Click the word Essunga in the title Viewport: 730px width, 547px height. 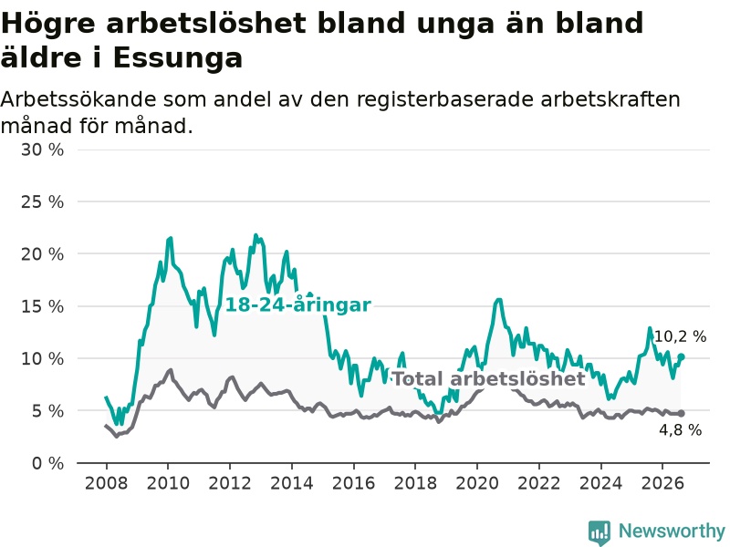[x=177, y=58]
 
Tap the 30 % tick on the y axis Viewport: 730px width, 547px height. [x=42, y=150]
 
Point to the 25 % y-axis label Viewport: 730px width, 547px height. [x=42, y=201]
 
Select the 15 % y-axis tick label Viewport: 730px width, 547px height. [x=42, y=306]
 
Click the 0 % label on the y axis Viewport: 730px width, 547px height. [x=47, y=463]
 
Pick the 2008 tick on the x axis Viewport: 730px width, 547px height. [x=106, y=483]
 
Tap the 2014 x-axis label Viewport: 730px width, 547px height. [x=292, y=483]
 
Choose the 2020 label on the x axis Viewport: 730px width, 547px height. [x=477, y=483]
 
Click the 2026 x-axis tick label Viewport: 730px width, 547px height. [x=662, y=483]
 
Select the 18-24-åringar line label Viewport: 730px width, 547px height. [x=298, y=305]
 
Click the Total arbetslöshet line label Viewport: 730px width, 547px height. [x=489, y=378]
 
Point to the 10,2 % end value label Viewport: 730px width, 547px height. [x=680, y=336]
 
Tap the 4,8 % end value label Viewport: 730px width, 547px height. [x=680, y=429]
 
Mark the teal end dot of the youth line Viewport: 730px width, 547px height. [x=681, y=356]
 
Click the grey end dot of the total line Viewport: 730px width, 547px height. [x=681, y=414]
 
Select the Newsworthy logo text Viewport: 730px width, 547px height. [x=672, y=531]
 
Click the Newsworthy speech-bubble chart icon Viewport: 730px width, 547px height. [x=600, y=532]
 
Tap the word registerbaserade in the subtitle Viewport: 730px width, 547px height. [x=445, y=99]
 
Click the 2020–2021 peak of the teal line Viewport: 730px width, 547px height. [x=498, y=300]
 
